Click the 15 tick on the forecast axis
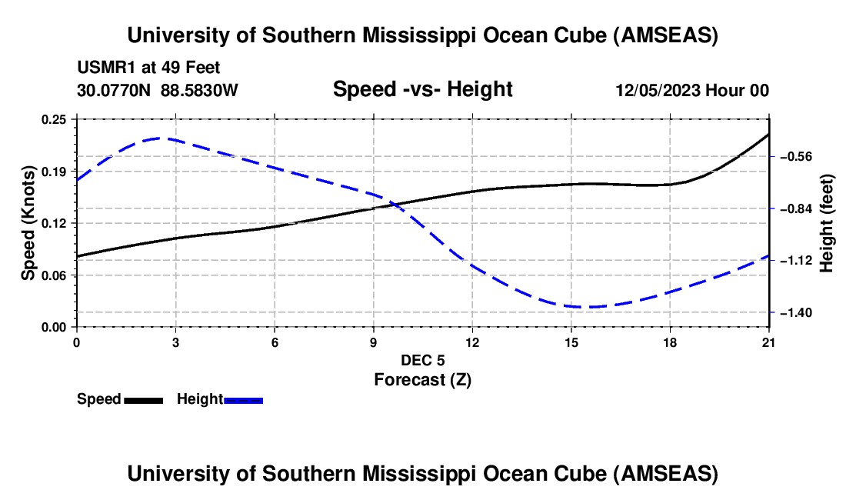point(571,342)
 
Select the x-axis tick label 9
point(373,342)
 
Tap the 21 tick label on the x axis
point(769,342)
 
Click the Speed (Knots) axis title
point(28,222)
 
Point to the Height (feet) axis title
point(827,223)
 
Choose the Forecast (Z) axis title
point(422,379)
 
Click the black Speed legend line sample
point(143,400)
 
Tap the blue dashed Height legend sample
point(244,400)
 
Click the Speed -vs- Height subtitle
point(422,90)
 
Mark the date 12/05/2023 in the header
point(657,91)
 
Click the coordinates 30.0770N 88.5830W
point(158,91)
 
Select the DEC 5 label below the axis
point(422,360)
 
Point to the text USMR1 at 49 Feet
point(148,68)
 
